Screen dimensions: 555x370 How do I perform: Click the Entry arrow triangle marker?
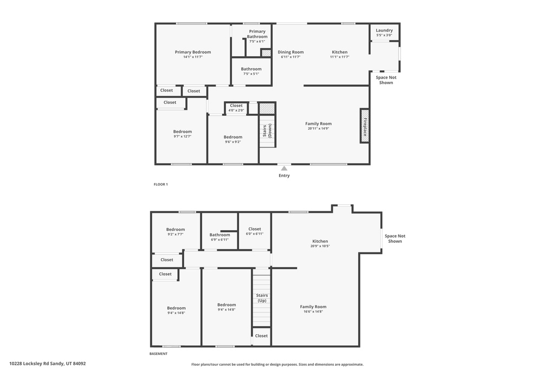pyautogui.click(x=284, y=168)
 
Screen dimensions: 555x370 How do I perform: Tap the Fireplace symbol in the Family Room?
pyautogui.click(x=365, y=126)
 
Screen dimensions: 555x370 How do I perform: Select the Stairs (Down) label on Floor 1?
pyautogui.click(x=267, y=131)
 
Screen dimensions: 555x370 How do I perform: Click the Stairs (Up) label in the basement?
pyautogui.click(x=262, y=298)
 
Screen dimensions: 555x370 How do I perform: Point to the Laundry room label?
pyautogui.click(x=384, y=30)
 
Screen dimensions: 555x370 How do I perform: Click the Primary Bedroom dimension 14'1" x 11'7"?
pyautogui.click(x=192, y=57)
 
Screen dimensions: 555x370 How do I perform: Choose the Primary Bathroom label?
pyautogui.click(x=257, y=34)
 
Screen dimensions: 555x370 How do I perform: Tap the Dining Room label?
pyautogui.click(x=291, y=52)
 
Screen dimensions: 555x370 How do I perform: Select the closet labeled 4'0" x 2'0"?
pyautogui.click(x=236, y=108)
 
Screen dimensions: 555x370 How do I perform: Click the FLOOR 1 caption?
pyautogui.click(x=160, y=184)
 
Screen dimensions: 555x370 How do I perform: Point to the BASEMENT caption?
pyautogui.click(x=158, y=354)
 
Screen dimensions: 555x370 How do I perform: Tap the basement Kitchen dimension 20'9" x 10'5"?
pyautogui.click(x=320, y=246)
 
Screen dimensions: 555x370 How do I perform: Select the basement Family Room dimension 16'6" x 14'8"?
pyautogui.click(x=313, y=311)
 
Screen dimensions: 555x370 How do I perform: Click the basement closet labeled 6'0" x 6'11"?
pyautogui.click(x=255, y=231)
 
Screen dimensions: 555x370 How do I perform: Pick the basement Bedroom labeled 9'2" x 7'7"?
pyautogui.click(x=175, y=232)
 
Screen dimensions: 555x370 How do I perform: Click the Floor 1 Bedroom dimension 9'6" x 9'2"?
pyautogui.click(x=233, y=142)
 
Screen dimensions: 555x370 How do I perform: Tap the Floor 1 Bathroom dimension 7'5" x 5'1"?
pyautogui.click(x=251, y=74)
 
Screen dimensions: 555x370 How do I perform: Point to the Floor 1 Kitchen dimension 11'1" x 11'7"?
pyautogui.click(x=340, y=57)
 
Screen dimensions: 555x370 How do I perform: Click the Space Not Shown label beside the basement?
pyautogui.click(x=395, y=238)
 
